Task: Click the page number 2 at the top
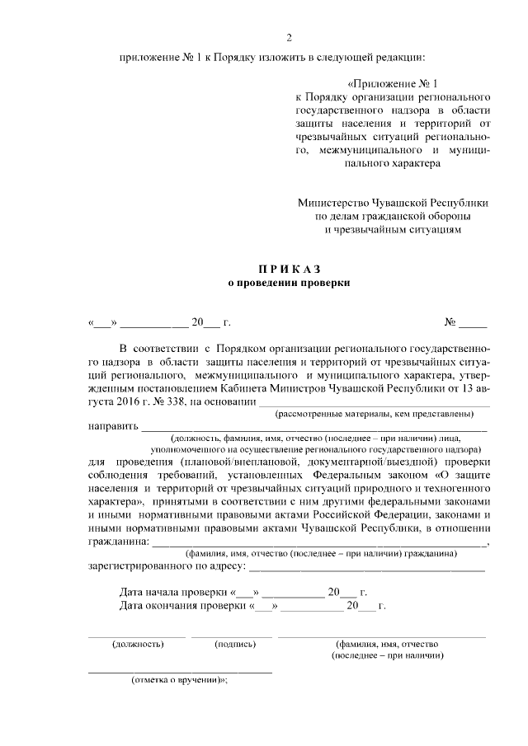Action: [x=289, y=36]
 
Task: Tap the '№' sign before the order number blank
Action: [x=451, y=321]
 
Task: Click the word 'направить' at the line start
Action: [x=113, y=427]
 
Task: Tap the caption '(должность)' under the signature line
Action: [x=137, y=644]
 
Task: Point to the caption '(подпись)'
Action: [x=233, y=644]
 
